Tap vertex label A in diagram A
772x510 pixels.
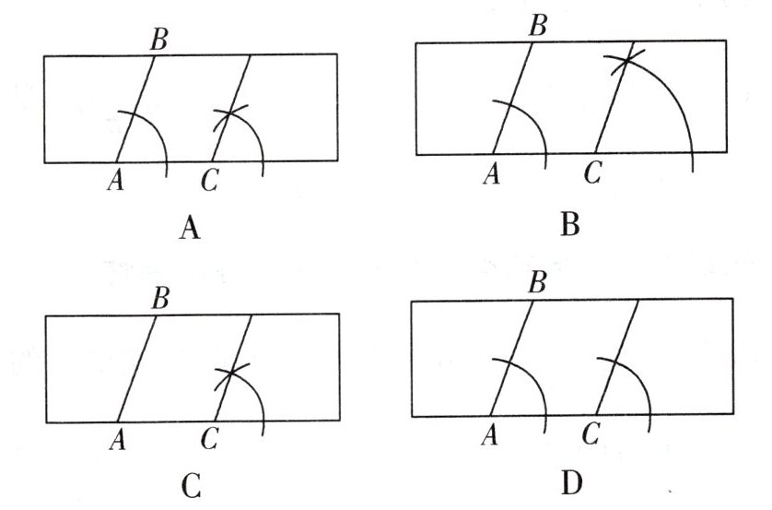click(115, 182)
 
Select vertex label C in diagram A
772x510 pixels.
click(209, 182)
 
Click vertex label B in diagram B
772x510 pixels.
click(538, 25)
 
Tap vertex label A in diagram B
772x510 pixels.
click(491, 173)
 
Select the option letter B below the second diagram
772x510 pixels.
click(569, 222)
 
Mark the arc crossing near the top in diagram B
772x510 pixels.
click(626, 61)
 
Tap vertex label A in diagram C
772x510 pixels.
click(117, 442)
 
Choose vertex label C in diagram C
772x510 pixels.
click(209, 442)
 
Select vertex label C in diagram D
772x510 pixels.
click(592, 433)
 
